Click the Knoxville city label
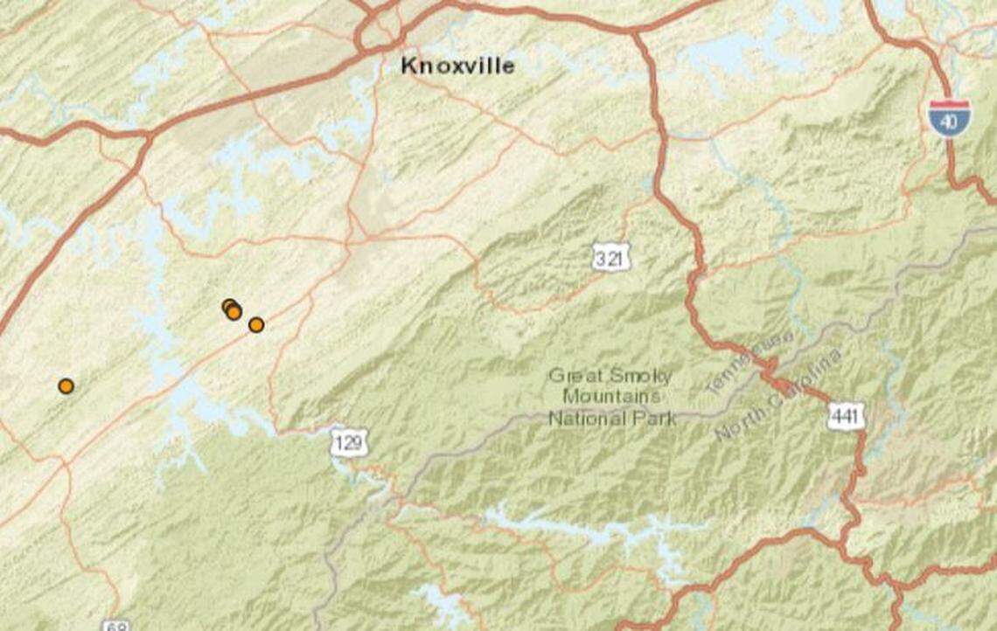(x=457, y=66)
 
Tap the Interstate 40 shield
(x=949, y=117)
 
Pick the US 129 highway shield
(x=349, y=443)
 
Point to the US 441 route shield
(x=846, y=418)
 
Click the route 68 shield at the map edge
(x=116, y=626)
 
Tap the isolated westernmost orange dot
(x=66, y=386)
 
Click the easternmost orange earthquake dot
(x=256, y=325)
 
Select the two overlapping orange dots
(x=232, y=309)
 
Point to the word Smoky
(x=642, y=377)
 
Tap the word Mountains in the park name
(x=612, y=397)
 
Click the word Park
(x=656, y=418)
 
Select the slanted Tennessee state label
(x=750, y=362)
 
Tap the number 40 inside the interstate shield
(x=949, y=122)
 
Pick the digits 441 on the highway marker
(x=846, y=418)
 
